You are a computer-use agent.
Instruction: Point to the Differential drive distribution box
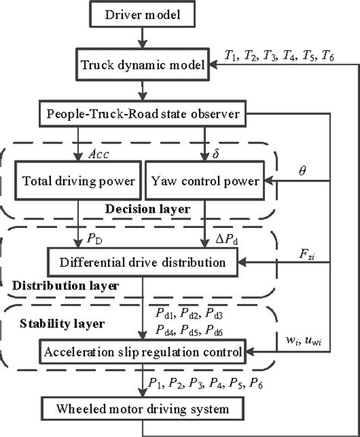click(x=141, y=262)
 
